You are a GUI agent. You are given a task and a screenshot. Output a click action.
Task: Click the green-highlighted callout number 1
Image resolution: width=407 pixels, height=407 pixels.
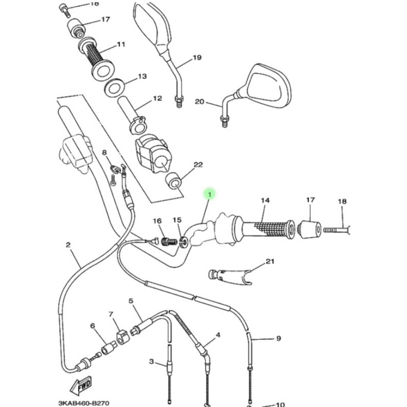point(210,194)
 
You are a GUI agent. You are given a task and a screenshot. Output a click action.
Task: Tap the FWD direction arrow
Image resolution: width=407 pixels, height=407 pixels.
point(81,385)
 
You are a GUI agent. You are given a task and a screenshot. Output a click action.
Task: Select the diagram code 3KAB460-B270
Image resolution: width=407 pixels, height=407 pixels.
point(84,403)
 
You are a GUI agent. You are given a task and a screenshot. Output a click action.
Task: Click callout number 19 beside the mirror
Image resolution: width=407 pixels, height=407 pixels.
point(197,57)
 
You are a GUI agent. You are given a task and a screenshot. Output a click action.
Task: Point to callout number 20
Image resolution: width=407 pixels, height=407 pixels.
point(200,102)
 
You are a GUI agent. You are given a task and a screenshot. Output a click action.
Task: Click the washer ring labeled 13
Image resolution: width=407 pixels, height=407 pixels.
point(115,88)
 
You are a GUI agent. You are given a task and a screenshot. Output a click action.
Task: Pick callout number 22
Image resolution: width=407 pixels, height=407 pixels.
point(198,165)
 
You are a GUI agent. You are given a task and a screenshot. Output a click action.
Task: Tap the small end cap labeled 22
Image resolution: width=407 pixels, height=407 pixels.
point(173,180)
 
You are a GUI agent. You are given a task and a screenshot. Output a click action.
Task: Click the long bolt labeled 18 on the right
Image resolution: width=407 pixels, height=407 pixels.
point(336,230)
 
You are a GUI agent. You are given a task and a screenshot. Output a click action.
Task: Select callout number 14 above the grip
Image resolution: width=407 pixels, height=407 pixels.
point(265,200)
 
